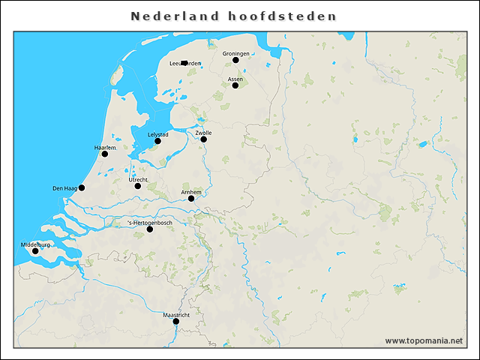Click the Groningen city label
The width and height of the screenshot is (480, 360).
click(x=236, y=53)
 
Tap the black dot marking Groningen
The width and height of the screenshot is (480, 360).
click(x=235, y=60)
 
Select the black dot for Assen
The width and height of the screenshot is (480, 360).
click(x=235, y=85)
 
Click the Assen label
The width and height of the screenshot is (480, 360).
click(x=235, y=79)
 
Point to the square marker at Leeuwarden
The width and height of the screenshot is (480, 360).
click(x=184, y=63)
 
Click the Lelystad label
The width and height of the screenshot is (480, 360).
click(x=157, y=134)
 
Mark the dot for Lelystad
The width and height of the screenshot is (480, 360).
click(x=157, y=141)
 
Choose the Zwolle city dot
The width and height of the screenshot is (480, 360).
click(x=203, y=139)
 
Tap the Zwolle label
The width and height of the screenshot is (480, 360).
click(x=203, y=133)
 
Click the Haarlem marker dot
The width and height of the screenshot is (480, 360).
click(x=105, y=154)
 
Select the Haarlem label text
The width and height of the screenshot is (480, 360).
click(x=105, y=148)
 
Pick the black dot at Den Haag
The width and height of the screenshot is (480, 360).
click(x=82, y=187)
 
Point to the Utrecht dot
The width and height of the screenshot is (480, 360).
click(x=137, y=186)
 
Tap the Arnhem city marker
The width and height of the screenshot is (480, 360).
click(x=191, y=199)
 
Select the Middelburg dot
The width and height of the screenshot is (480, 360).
click(x=35, y=251)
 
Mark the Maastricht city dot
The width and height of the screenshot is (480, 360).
click(x=176, y=322)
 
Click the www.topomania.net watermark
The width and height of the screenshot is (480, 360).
click(x=424, y=341)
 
